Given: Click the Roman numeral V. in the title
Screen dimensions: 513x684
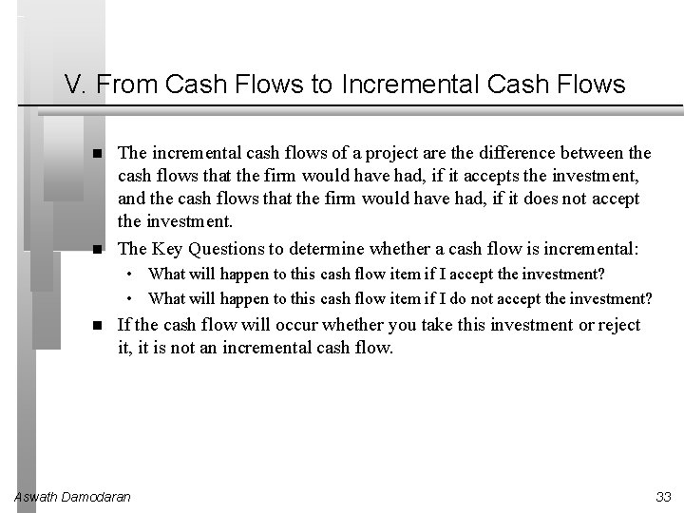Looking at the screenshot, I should point(76,85).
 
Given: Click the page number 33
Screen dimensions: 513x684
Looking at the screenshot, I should point(663,497).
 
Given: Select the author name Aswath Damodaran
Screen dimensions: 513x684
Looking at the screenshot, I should point(73,497).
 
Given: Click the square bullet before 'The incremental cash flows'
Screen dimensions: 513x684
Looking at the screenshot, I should point(99,153).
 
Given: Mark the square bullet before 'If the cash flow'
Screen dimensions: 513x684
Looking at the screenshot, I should point(99,325).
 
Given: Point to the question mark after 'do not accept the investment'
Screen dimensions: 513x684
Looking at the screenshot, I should point(648,298).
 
